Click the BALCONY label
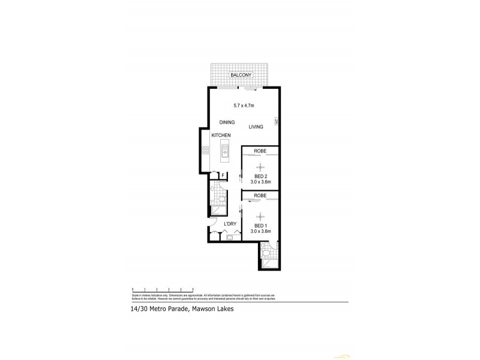click(x=244, y=75)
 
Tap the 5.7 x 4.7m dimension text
click(x=244, y=106)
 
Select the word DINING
click(x=227, y=122)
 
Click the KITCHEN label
click(x=221, y=136)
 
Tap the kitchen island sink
click(x=226, y=151)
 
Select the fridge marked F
click(x=223, y=175)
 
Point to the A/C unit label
click(x=276, y=122)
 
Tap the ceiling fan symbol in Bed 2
click(x=260, y=167)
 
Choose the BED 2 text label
click(x=260, y=176)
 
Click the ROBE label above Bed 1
click(x=260, y=196)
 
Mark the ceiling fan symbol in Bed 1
click(x=260, y=216)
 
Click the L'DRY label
click(x=230, y=224)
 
